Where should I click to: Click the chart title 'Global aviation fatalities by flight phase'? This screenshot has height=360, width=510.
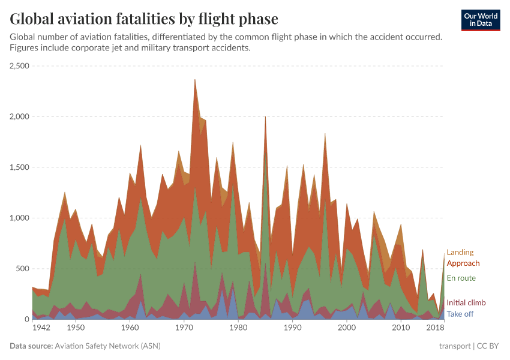144,19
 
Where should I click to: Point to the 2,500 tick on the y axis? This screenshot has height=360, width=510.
20,66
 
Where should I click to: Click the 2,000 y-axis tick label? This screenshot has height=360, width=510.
20,116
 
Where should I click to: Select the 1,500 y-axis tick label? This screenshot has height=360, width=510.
20,167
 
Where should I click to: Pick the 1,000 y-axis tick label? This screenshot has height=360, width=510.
20,218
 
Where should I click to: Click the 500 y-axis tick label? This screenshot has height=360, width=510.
24,269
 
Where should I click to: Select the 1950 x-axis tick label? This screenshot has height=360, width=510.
76,328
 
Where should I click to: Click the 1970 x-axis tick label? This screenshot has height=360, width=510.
184,328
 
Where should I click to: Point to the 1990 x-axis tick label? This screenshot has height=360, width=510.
292,328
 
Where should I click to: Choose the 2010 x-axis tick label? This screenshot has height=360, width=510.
401,328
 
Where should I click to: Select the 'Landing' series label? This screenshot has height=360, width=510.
460,253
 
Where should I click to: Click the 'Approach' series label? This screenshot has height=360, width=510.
463,263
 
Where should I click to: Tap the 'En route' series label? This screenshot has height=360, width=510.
461,278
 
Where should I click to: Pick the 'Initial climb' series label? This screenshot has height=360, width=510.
466,303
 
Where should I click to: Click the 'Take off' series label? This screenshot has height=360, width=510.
460,314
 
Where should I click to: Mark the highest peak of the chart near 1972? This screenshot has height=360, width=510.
195,79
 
